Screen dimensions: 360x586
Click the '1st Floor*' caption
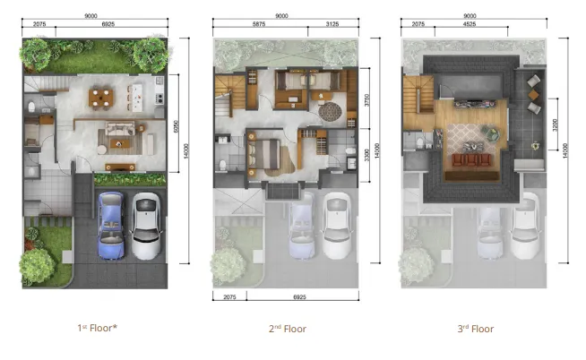97,328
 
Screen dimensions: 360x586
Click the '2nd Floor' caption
288,329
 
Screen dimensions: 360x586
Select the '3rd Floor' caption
476,329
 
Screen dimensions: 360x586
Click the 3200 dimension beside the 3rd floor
556,126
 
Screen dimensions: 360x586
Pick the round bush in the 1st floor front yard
38,264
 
